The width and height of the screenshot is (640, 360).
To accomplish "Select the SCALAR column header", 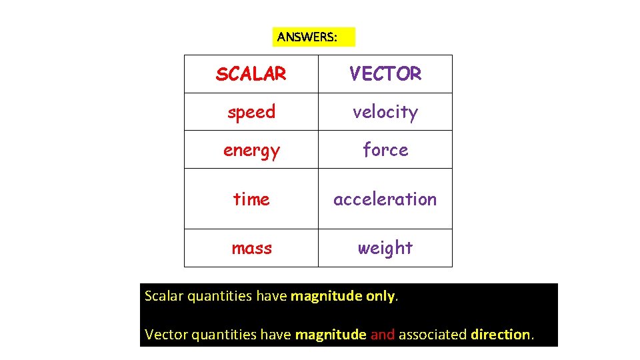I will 251,74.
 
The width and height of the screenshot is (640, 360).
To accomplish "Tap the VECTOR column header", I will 385,74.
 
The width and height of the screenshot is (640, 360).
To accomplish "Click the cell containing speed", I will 251,112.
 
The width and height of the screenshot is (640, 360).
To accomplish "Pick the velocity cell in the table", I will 385,112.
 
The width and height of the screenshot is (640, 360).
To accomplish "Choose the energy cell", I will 251,151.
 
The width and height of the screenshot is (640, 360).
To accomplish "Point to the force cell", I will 385,150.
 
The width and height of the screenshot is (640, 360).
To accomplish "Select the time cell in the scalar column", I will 251,199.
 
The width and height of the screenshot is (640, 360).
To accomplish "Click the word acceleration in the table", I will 385,199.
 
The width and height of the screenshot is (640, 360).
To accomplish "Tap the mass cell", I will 251,248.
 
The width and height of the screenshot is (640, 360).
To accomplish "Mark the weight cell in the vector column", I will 385,248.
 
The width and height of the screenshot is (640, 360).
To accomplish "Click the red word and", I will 383,335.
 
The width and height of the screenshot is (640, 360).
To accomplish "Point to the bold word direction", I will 501,335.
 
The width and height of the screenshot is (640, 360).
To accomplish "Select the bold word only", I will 381,296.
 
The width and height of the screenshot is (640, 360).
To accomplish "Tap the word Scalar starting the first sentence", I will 164,296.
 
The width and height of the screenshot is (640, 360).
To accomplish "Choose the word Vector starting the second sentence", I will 166,335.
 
